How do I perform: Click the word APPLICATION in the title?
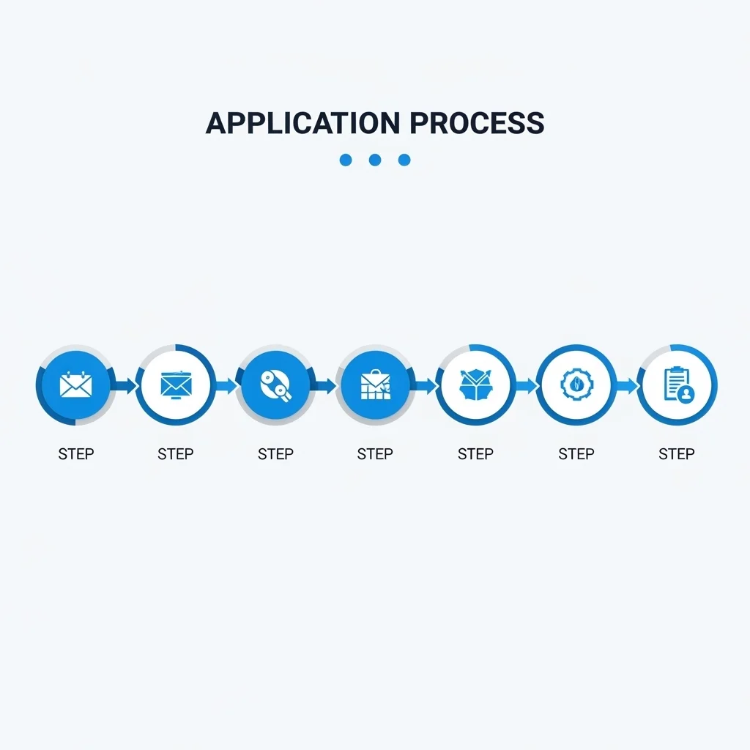(x=302, y=123)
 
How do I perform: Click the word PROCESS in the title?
(x=477, y=123)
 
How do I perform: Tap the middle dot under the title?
(x=375, y=160)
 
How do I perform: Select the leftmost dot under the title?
(x=346, y=160)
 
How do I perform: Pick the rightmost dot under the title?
(x=404, y=160)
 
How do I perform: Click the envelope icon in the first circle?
(x=75, y=385)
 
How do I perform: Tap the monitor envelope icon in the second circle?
(x=176, y=385)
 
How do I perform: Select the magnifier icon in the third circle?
(x=275, y=385)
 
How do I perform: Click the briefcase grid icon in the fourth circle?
(x=376, y=385)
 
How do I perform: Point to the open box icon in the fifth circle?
(x=475, y=385)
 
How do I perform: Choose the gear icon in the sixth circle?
(x=576, y=385)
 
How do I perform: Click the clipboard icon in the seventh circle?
(x=679, y=385)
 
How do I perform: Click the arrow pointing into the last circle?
(x=628, y=385)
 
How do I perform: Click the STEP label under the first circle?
(x=76, y=453)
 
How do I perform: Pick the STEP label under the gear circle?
(x=576, y=453)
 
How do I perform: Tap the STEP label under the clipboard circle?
(x=676, y=453)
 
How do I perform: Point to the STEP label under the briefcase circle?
(x=375, y=453)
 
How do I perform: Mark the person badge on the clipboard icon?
(x=686, y=394)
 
